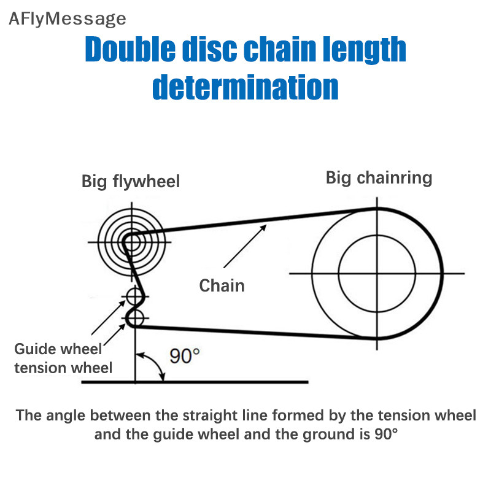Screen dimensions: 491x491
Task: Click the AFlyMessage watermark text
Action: click(68, 19)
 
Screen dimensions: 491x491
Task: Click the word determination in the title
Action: click(245, 87)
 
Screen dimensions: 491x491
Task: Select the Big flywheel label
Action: click(131, 182)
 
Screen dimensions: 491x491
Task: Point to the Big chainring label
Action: click(379, 178)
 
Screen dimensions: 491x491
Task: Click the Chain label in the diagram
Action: click(222, 285)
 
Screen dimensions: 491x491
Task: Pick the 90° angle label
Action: click(185, 356)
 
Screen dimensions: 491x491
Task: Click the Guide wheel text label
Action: click(58, 349)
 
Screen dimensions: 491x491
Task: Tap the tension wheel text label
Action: click(63, 368)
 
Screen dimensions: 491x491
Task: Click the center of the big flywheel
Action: click(132, 242)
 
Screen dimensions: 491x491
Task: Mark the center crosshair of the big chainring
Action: click(377, 274)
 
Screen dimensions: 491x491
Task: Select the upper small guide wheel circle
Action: click(134, 296)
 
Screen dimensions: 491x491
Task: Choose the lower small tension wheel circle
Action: click(135, 319)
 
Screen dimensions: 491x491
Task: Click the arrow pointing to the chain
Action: click(245, 246)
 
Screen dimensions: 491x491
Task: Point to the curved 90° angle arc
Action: click(155, 363)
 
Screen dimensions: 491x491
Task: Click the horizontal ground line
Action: click(195, 382)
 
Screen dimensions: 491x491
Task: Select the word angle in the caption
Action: click(66, 416)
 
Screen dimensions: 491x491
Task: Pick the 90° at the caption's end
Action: click(386, 434)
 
